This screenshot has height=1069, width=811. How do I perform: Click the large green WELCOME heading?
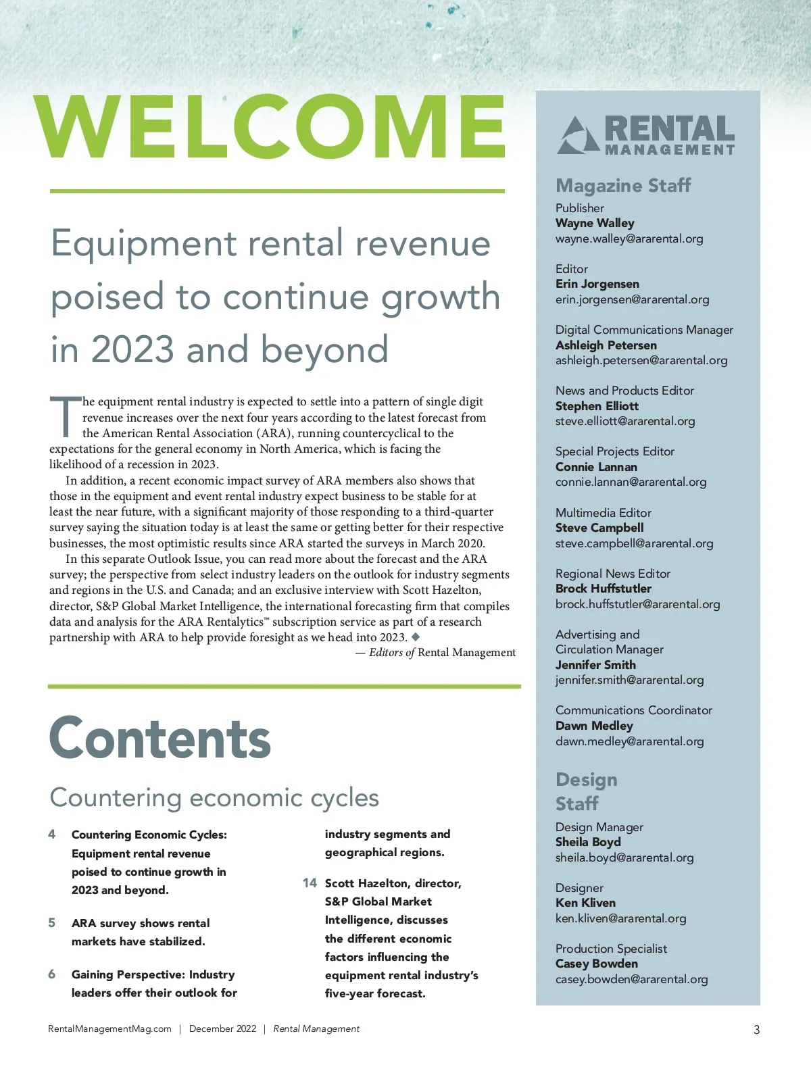click(x=270, y=127)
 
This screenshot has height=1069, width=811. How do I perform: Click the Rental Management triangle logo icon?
click(x=578, y=134)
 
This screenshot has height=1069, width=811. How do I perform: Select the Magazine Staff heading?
click(x=622, y=185)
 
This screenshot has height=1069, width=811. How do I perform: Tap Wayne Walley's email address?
click(x=629, y=239)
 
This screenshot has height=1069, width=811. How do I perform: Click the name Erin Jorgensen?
click(x=597, y=284)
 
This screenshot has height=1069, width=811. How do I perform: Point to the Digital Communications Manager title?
click(x=643, y=330)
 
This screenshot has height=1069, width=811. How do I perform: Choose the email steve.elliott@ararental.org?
click(x=624, y=421)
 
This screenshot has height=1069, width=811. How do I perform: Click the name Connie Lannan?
click(x=595, y=467)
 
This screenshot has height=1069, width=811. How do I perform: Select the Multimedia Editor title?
click(x=603, y=513)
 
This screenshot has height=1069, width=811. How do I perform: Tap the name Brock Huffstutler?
click(x=603, y=589)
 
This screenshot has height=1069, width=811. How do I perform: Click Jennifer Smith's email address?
click(x=629, y=680)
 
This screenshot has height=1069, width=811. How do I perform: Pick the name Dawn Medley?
click(x=593, y=726)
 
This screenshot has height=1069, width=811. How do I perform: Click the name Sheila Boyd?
click(x=587, y=842)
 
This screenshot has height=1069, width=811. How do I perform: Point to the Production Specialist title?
click(x=610, y=949)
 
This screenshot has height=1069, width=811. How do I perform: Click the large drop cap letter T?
click(x=65, y=417)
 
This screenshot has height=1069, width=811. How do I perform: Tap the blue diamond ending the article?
click(x=416, y=637)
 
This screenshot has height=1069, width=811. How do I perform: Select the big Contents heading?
click(x=159, y=739)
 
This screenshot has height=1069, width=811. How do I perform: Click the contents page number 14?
click(x=310, y=883)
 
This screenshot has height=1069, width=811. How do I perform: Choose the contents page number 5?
click(x=52, y=923)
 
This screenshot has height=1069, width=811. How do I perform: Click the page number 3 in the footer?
click(x=756, y=1030)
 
